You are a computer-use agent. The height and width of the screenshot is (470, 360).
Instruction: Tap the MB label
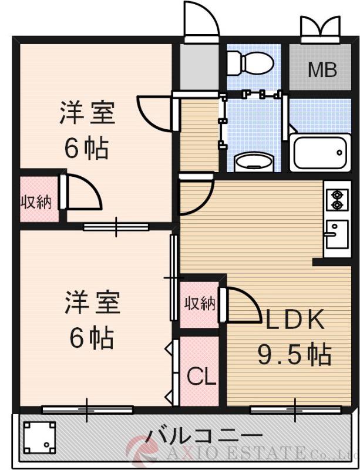pyautogui.click(x=322, y=70)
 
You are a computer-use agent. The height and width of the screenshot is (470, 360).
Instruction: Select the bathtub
pyautogui.click(x=319, y=152)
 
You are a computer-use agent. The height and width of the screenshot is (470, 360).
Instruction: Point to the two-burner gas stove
pyautogui.click(x=338, y=199)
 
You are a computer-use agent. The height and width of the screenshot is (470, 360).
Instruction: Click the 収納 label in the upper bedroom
pyautogui.click(x=36, y=203)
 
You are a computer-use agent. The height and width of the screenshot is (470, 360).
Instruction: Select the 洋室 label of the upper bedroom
pyautogui.click(x=88, y=113)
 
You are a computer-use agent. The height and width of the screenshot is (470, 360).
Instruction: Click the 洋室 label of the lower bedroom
pyautogui.click(x=92, y=303)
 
